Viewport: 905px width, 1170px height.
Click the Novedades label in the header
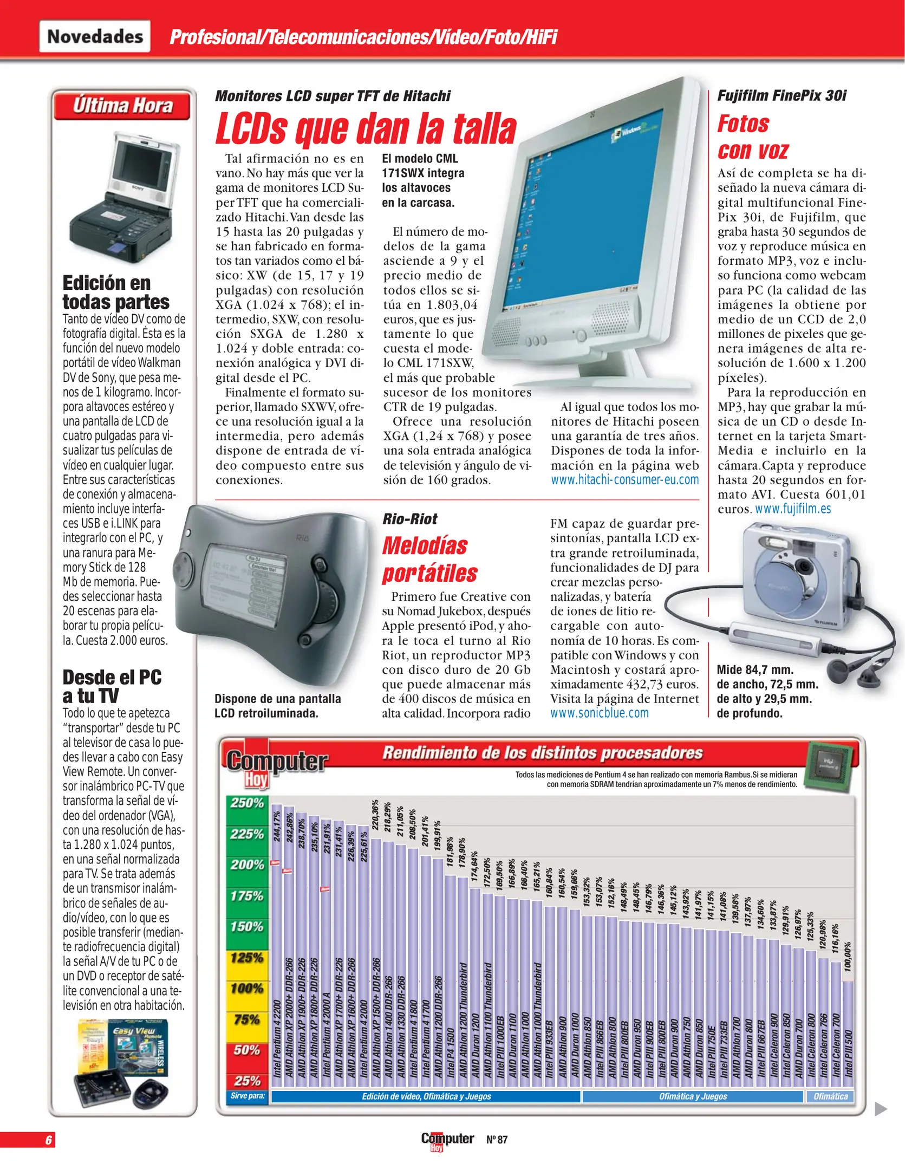coord(95,36)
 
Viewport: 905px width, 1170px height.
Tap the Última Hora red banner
coord(122,106)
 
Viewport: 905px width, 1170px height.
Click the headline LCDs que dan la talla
coord(366,129)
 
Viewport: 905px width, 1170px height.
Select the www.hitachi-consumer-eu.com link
coord(624,480)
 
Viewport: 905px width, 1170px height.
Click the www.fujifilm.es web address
coord(793,509)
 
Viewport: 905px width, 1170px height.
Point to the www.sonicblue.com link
coord(600,713)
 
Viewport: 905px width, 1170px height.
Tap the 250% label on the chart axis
coord(247,803)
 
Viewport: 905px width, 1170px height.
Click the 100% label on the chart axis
coord(247,989)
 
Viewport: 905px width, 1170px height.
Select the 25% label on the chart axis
coord(247,1081)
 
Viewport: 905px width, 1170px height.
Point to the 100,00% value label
coord(848,957)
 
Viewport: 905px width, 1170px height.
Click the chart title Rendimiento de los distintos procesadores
coord(542,753)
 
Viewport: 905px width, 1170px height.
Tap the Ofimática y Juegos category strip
coord(693,1096)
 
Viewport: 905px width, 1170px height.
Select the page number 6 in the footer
coord(49,1140)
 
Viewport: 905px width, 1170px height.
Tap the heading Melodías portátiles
coord(429,560)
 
